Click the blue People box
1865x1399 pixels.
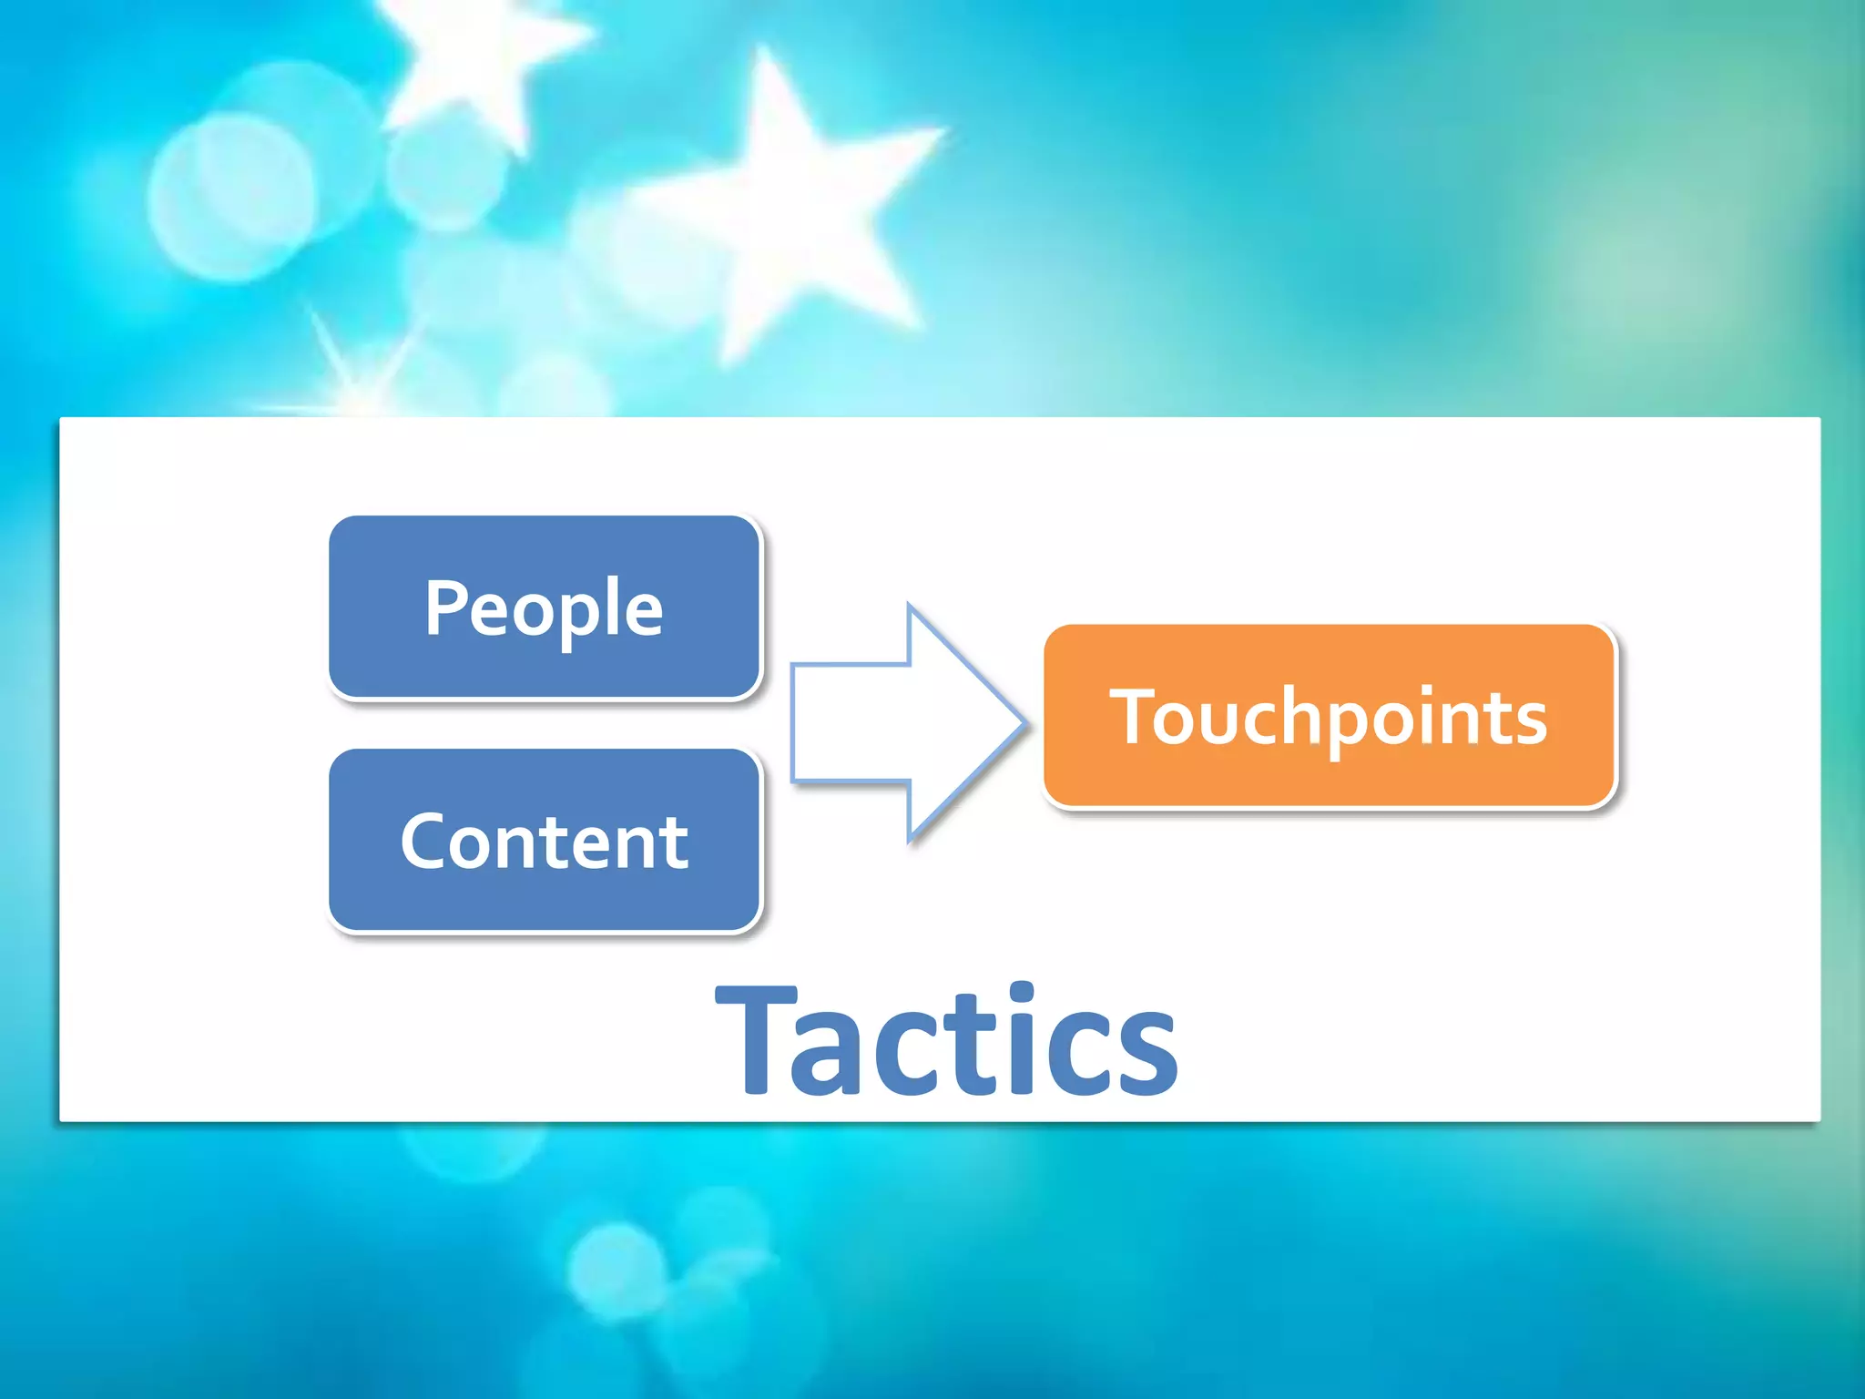pos(544,608)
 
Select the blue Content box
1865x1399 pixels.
pos(544,841)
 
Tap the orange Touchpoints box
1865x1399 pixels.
pos(1329,717)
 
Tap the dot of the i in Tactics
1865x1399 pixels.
pos(1023,993)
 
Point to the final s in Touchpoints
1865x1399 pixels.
pos(1528,725)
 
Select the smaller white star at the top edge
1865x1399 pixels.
pos(483,55)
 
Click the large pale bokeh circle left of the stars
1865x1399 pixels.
pos(232,196)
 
